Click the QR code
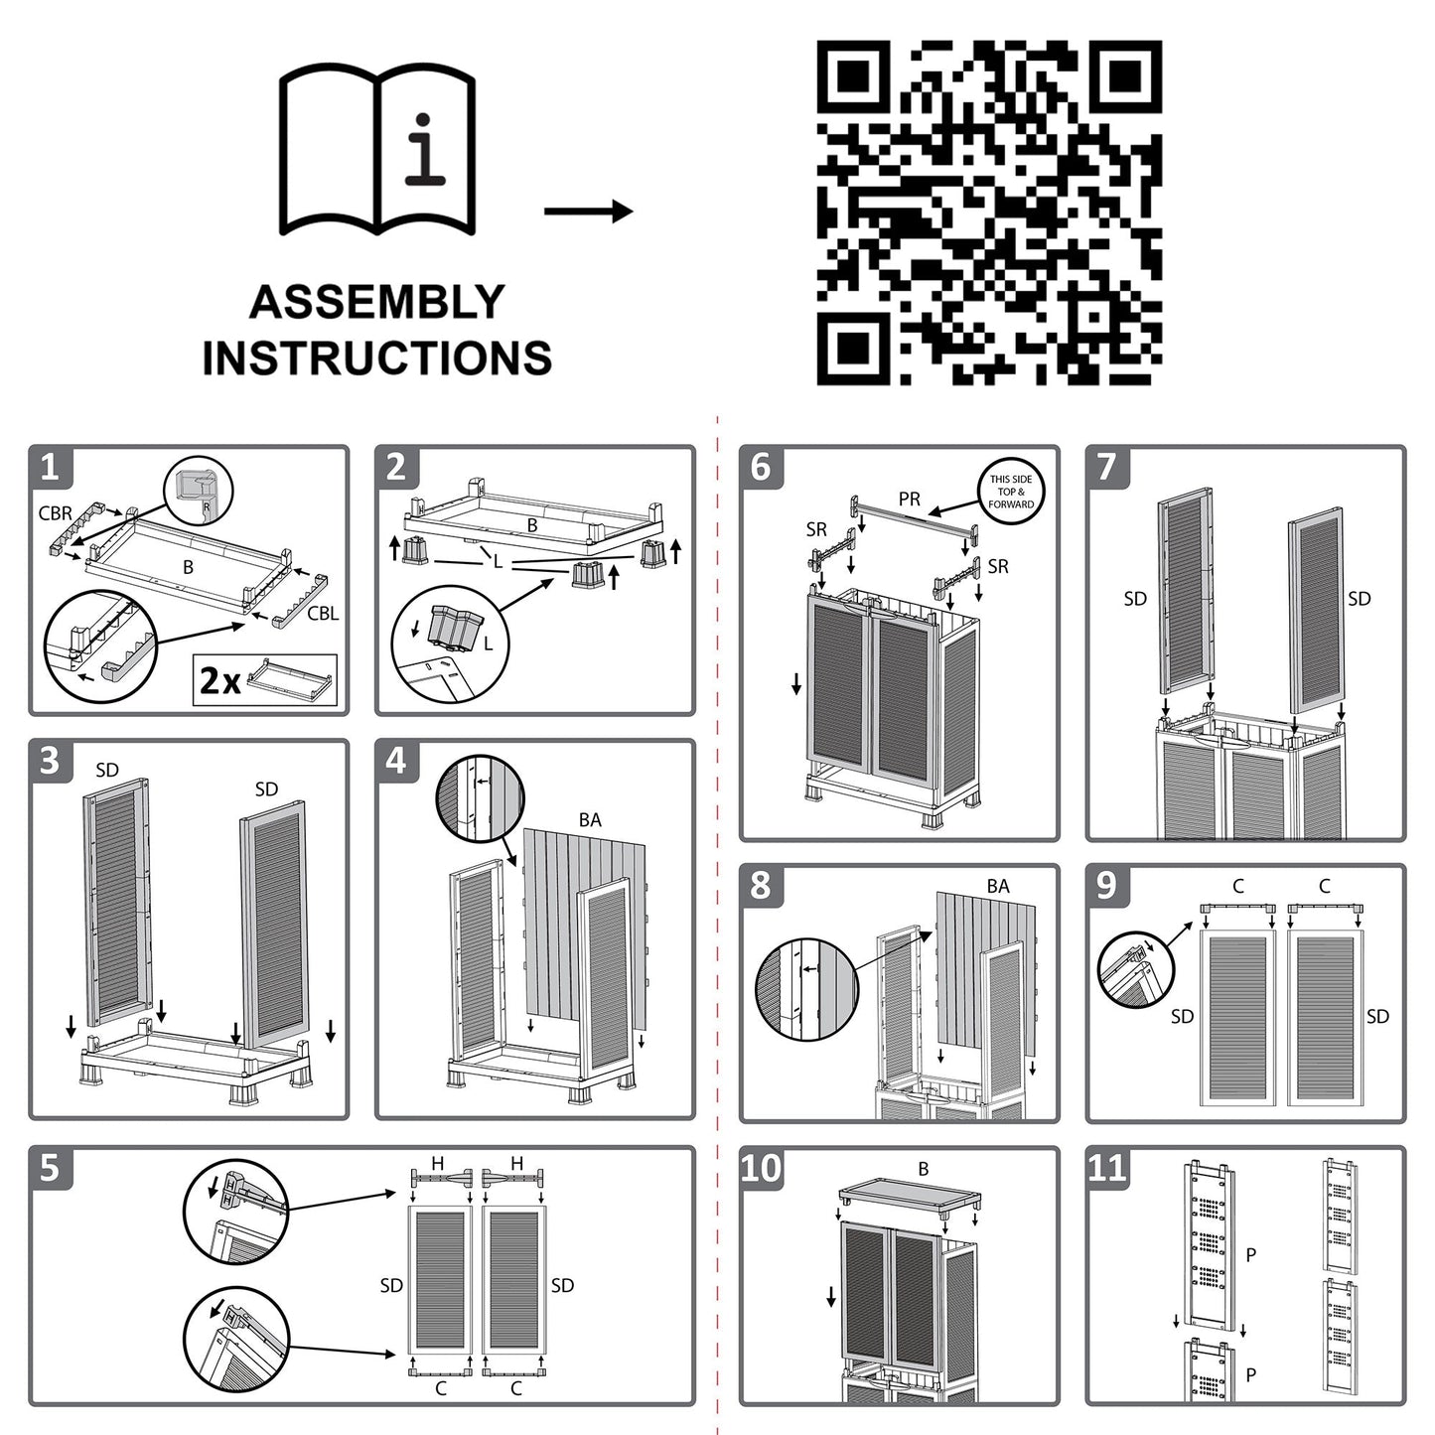989,213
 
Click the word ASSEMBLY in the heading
377,302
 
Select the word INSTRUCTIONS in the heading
377,358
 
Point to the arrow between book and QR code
588,211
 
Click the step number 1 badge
50,467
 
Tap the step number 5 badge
50,1168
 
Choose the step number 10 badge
762,1168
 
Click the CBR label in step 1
56,514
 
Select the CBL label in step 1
323,614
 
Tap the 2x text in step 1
220,680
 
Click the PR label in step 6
910,500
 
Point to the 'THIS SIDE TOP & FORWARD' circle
1011,492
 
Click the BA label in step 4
590,820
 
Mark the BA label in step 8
998,886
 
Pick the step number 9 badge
1107,885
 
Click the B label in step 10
924,1170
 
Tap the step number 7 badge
1107,467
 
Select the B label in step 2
532,525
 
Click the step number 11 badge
1107,1168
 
